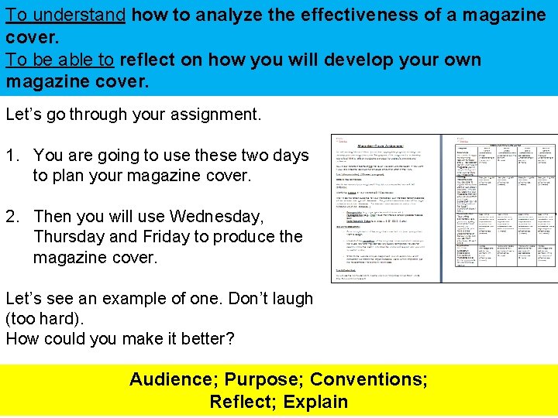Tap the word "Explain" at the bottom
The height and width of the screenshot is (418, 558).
[315, 402]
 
